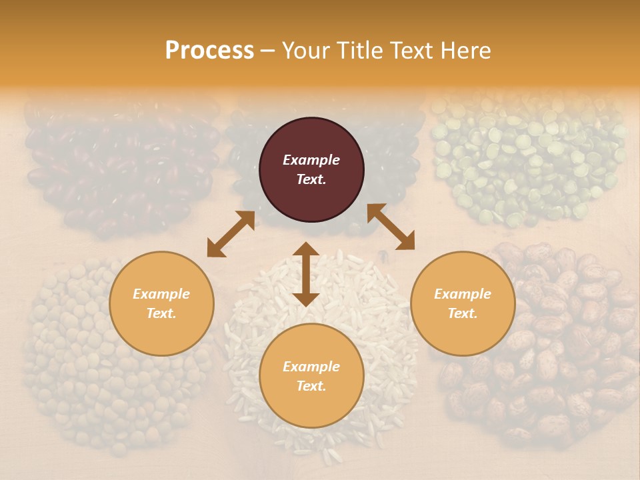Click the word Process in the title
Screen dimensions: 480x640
coord(209,51)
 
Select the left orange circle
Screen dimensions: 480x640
coord(161,303)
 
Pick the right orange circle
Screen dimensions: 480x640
coord(463,303)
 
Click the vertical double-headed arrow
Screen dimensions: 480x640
coord(306,274)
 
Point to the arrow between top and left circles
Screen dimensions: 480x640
coord(231,234)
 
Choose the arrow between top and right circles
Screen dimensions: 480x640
coord(391,227)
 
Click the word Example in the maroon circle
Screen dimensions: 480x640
coord(311,160)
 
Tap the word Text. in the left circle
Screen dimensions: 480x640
coord(161,313)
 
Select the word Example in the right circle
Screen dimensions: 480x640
coord(463,294)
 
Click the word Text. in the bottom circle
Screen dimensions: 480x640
coord(311,386)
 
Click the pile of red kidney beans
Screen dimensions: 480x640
coord(120,167)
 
